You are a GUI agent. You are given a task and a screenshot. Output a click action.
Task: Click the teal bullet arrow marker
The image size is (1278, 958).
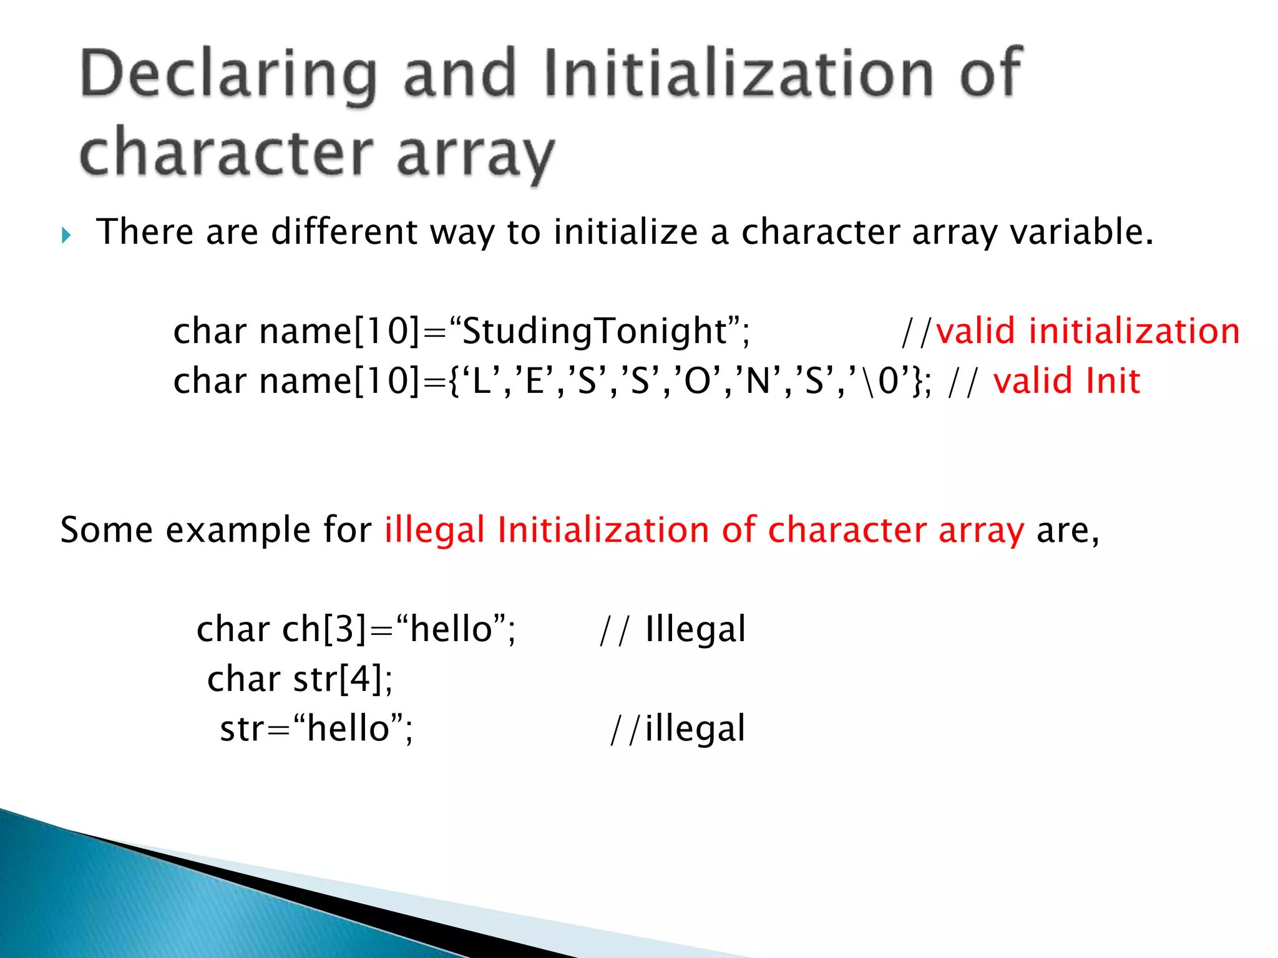click(67, 236)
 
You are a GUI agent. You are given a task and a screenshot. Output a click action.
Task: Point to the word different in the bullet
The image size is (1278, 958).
click(344, 232)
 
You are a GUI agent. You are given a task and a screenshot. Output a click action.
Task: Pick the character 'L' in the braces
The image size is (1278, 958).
click(481, 380)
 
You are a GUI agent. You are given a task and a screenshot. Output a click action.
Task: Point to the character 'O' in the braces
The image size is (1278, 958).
click(697, 380)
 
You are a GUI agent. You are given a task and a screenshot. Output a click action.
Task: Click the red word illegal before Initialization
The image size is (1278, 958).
click(434, 530)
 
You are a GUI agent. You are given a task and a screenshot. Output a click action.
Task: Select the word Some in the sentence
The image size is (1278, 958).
click(106, 530)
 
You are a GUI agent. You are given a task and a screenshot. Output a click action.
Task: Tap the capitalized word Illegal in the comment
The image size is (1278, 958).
click(695, 629)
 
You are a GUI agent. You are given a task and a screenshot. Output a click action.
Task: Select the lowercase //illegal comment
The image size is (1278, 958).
click(678, 728)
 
